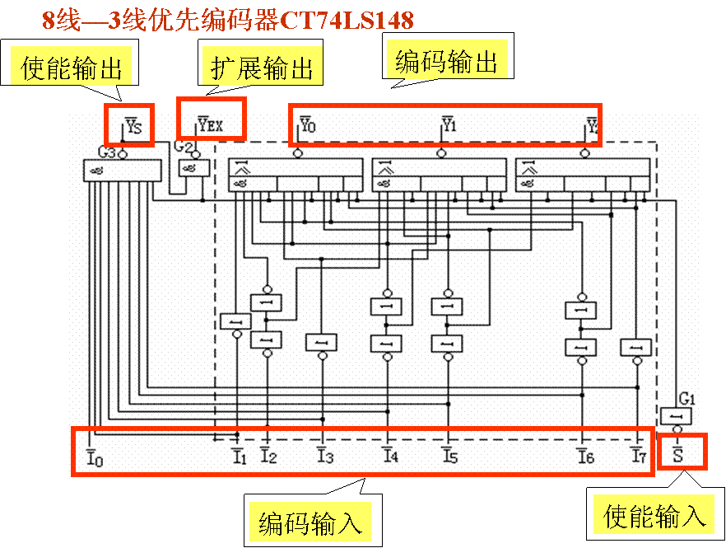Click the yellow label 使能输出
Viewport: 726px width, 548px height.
(72, 68)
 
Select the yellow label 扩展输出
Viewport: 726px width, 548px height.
(263, 68)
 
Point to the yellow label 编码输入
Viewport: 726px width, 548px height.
(309, 522)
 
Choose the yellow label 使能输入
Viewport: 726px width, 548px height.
(655, 516)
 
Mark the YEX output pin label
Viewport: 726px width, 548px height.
(211, 126)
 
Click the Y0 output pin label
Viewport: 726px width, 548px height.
(307, 125)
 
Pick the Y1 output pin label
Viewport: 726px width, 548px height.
(449, 125)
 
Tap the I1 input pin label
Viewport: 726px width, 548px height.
(239, 456)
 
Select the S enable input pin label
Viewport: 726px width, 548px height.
(678, 453)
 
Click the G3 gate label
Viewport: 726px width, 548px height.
(107, 152)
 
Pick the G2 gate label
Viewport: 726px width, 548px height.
(184, 148)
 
